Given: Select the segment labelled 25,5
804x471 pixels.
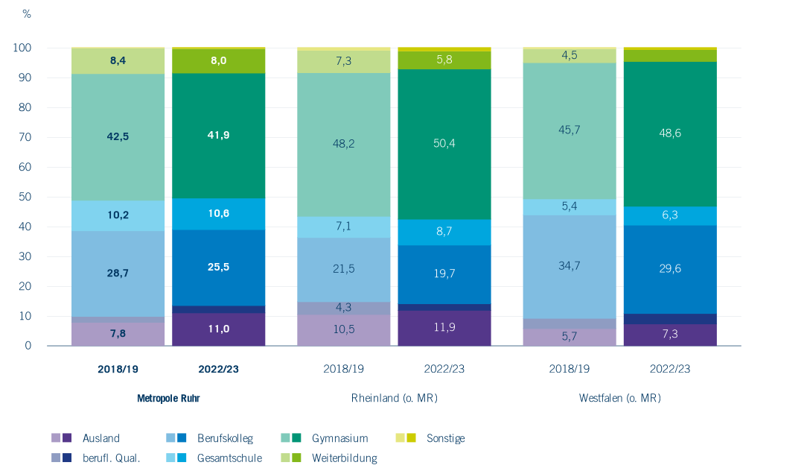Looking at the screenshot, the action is [x=218, y=268].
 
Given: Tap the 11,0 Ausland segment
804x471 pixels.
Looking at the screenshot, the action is [x=218, y=329].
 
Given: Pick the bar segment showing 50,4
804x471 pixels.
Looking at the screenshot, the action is [x=444, y=144].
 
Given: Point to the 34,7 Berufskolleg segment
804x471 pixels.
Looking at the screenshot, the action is [x=569, y=267].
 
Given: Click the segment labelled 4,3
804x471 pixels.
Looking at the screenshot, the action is [x=343, y=309].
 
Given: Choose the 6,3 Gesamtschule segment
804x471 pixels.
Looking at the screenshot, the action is [x=670, y=216].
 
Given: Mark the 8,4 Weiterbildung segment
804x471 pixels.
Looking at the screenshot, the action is [x=118, y=61].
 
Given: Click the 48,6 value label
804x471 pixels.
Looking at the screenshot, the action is [x=670, y=133].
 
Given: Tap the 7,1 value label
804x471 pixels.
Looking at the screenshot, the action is [x=343, y=227].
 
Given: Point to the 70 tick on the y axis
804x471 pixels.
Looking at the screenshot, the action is [x=25, y=137].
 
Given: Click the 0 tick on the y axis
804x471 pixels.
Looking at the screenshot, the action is [x=28, y=346].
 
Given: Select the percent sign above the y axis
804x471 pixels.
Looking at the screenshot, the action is [x=27, y=14].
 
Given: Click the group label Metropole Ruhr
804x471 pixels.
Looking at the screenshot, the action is [x=168, y=398].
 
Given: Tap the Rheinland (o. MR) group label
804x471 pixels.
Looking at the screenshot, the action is [x=395, y=398].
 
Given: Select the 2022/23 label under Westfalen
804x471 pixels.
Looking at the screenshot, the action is [x=670, y=369].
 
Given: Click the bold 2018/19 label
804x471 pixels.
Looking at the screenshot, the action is [x=118, y=369].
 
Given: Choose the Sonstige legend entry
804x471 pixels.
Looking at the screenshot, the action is [x=430, y=438].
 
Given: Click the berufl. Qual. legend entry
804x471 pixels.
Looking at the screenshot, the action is [x=96, y=458].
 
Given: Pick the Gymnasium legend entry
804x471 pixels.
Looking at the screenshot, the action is [x=325, y=438].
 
